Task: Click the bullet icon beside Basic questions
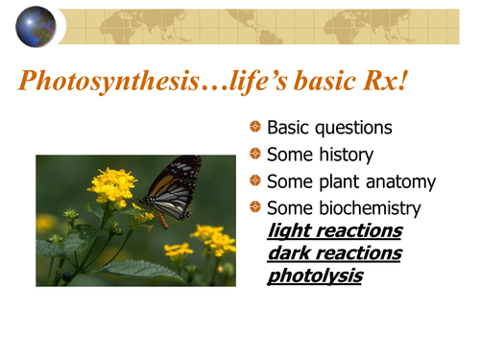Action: [x=254, y=128]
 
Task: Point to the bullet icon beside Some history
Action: [x=254, y=154]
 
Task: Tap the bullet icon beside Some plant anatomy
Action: [x=254, y=180]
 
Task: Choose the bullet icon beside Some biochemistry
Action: [x=254, y=206]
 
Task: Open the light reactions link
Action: [x=334, y=231]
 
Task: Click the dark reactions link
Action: [x=333, y=253]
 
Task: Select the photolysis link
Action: [x=315, y=276]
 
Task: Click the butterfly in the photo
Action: [x=174, y=190]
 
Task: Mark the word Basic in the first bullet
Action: [x=289, y=129]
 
